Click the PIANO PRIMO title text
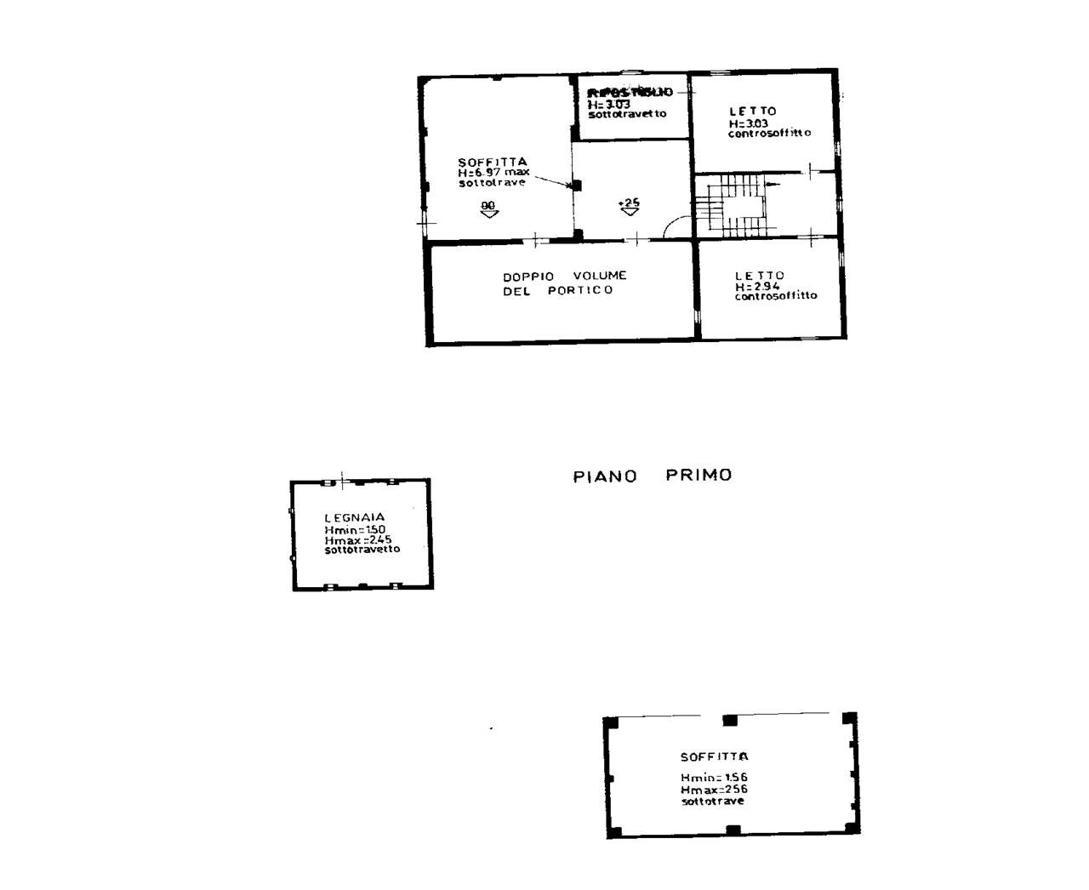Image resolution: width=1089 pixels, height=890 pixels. point(652,476)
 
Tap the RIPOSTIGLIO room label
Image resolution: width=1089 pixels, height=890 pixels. point(630,92)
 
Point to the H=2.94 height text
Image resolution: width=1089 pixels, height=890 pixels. point(757,287)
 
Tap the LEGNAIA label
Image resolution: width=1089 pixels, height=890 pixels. point(355,517)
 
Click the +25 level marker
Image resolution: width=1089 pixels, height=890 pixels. point(629,203)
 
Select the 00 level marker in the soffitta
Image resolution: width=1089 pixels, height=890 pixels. point(488,206)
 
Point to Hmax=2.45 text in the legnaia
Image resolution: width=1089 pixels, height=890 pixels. point(357,539)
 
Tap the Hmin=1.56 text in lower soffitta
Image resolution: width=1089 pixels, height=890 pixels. point(714,778)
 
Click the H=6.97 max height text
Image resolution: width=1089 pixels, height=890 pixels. point(493,173)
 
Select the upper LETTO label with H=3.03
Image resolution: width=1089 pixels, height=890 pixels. point(753,111)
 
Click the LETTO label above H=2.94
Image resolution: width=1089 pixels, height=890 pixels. point(760,276)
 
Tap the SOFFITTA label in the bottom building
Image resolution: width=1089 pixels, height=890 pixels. point(714,756)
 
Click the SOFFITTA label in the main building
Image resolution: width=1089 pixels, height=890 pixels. point(493,162)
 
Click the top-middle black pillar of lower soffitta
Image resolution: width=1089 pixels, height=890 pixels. point(729,721)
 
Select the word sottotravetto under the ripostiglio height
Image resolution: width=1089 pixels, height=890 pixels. point(627,114)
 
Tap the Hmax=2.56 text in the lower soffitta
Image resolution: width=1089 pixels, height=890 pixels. point(714,790)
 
